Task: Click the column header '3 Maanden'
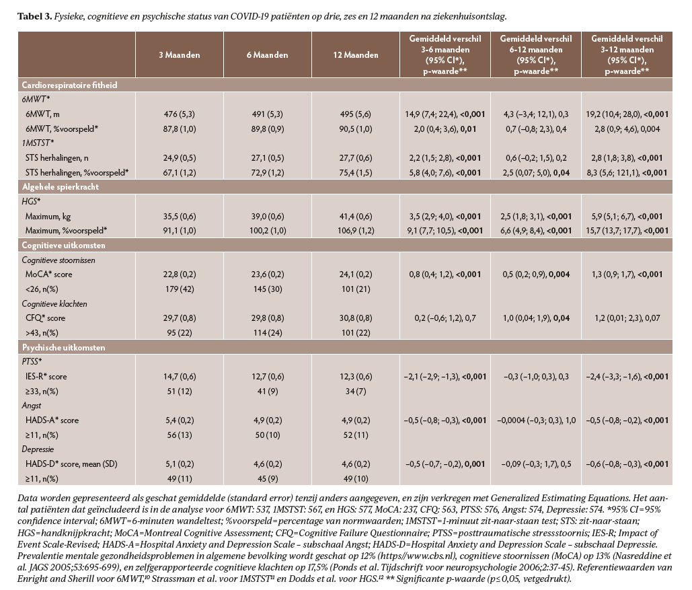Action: tap(179, 55)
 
